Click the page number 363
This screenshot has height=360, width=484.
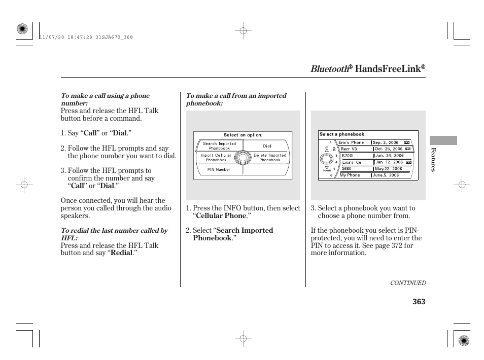click(419, 302)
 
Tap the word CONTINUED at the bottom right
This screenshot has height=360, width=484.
click(407, 283)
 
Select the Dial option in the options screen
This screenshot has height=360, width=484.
click(267, 146)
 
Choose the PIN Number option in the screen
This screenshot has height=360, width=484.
click(219, 169)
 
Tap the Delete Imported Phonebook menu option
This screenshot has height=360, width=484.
click(270, 158)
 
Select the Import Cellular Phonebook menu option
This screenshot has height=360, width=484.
click(216, 158)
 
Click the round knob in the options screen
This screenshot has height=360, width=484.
click(243, 157)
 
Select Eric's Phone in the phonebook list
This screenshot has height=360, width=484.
click(353, 142)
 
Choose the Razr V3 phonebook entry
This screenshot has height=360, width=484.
click(349, 149)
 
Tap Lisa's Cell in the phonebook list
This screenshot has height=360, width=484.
click(353, 162)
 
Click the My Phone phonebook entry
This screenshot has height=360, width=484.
click(350, 175)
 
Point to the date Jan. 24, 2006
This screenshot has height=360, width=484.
click(389, 156)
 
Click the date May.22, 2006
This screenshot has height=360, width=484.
click(388, 169)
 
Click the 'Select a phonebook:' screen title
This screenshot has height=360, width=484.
click(342, 134)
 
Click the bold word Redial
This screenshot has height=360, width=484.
click(121, 253)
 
